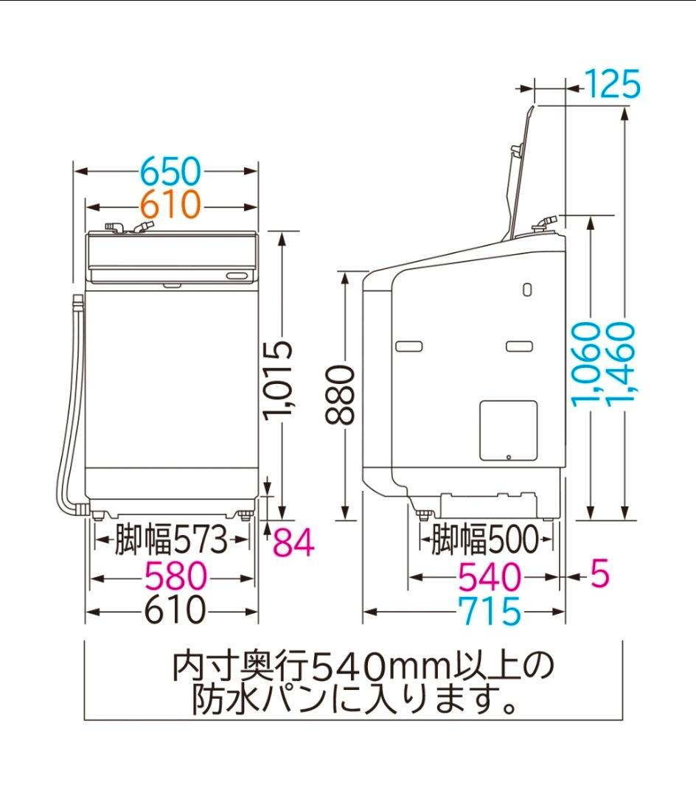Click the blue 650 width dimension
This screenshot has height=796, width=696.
pos(170,172)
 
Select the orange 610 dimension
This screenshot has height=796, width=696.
pos(170,204)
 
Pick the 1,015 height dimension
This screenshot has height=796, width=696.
pos(281,380)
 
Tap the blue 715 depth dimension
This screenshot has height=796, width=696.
pos(489,611)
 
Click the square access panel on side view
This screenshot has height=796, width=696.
pos(508,430)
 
